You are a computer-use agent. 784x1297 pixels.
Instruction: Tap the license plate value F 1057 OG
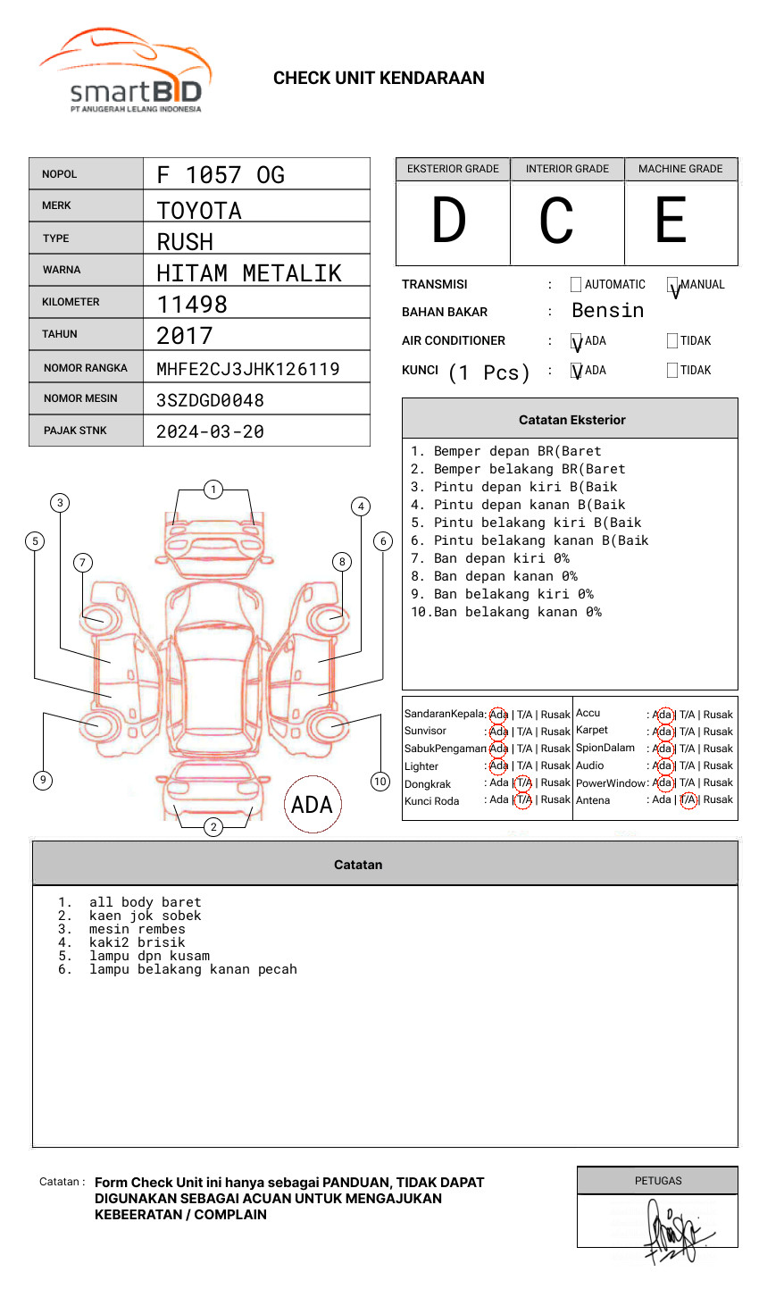point(221,175)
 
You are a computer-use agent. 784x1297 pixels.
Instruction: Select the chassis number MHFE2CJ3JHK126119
point(247,369)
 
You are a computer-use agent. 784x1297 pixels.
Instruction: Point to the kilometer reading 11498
point(192,305)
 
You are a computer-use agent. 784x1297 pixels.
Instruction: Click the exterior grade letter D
point(449,221)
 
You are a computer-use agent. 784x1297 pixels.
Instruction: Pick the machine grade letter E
point(671,221)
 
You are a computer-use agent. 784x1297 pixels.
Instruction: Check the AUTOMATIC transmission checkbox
point(576,285)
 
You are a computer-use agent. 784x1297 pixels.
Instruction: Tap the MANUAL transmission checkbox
point(672,285)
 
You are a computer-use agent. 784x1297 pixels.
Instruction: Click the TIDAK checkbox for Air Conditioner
point(672,341)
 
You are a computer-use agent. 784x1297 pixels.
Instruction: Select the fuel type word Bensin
point(607,311)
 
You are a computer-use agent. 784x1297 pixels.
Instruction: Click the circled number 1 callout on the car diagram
point(213,490)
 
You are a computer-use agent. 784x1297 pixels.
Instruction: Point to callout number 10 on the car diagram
point(380,782)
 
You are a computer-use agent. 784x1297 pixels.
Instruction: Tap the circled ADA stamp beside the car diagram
point(313,805)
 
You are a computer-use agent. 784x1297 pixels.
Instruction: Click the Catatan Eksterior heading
point(571,420)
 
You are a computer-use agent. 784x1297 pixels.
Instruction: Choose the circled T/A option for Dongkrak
point(523,783)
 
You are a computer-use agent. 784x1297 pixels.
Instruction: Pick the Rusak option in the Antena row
point(718,799)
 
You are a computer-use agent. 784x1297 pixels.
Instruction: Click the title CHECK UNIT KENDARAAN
point(379,79)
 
